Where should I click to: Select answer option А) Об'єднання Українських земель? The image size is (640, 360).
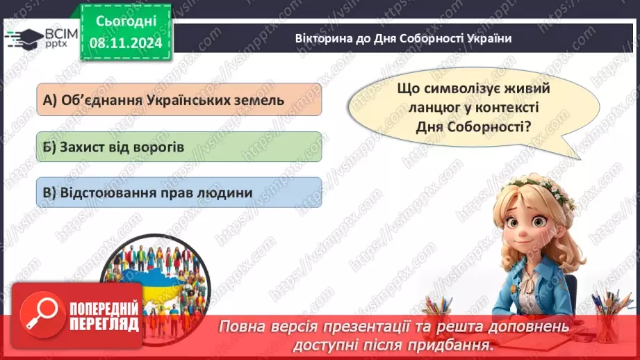179,99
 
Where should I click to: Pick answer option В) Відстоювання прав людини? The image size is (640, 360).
179,193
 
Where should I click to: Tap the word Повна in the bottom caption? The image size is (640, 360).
243,326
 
